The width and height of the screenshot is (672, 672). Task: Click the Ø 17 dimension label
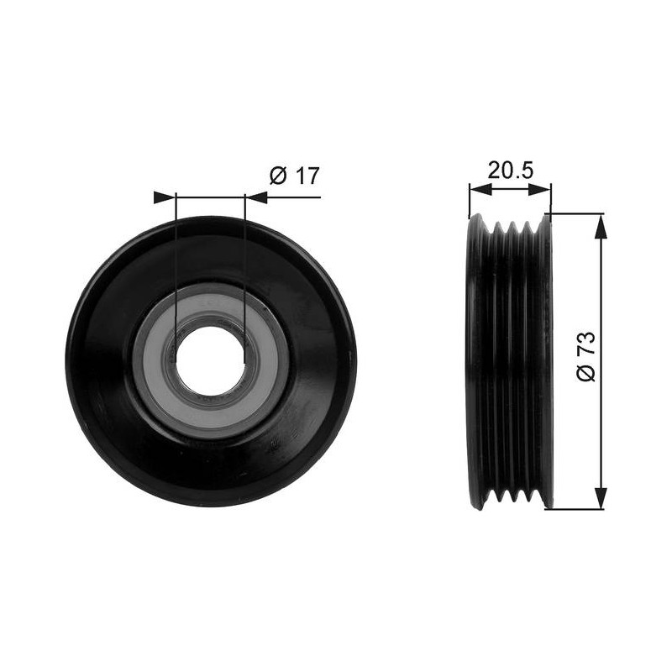click(x=295, y=176)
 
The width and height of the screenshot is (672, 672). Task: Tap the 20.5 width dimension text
click(x=510, y=170)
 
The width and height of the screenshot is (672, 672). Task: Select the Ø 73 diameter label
click(x=586, y=356)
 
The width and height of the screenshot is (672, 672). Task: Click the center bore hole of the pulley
click(x=210, y=361)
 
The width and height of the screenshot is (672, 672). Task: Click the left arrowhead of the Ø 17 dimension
click(x=165, y=197)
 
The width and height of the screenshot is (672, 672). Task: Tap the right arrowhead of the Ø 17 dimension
click(x=256, y=197)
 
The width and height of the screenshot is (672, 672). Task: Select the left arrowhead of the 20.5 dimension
click(x=480, y=190)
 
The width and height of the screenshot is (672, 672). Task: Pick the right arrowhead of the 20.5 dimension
click(x=539, y=190)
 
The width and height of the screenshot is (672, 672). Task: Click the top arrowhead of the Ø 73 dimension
click(x=601, y=226)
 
